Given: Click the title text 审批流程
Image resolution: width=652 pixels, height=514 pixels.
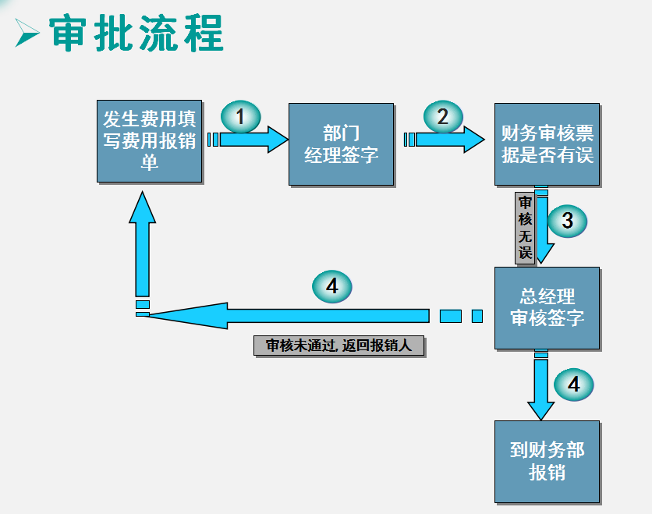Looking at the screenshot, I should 137,33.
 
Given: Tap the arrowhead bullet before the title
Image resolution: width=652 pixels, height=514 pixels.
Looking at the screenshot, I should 28,34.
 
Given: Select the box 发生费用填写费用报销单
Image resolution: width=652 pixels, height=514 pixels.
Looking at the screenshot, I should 150,140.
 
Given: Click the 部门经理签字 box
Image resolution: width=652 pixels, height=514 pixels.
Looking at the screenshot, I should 341,144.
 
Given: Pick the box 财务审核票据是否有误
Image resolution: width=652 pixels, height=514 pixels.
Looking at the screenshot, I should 547,144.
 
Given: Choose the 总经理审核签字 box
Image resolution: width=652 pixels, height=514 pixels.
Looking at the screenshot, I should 547,307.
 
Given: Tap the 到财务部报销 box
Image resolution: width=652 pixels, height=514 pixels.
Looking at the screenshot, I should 547,461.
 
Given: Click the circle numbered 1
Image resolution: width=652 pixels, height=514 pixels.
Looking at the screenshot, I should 241,117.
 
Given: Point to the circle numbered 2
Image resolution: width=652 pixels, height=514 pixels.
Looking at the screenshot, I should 443,117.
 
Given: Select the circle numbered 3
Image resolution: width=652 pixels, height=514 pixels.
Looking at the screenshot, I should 567,221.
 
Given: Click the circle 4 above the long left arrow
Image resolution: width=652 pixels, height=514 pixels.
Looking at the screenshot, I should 331,286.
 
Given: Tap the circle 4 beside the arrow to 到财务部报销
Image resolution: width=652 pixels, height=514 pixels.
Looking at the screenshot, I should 573,384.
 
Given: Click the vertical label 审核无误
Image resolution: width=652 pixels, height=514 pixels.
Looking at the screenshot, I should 525,227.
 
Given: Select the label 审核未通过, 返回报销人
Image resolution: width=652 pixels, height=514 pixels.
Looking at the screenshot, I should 338,346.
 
